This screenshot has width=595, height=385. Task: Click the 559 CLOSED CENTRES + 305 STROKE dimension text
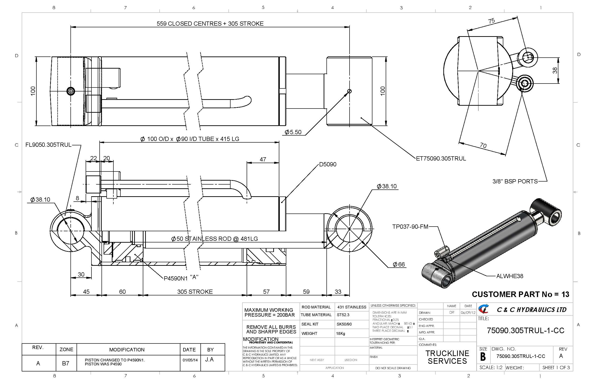(210, 24)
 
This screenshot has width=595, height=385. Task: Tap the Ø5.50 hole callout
(293, 132)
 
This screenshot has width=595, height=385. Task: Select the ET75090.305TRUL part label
(441, 159)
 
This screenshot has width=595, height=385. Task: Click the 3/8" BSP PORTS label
(515, 182)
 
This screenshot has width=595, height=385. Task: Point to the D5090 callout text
(328, 164)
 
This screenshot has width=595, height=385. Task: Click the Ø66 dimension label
(399, 265)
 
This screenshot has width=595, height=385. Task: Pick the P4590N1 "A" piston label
(181, 278)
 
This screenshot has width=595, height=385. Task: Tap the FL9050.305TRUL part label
(49, 145)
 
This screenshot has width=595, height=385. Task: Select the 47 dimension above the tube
(263, 160)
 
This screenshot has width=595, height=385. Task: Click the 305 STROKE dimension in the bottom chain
(195, 292)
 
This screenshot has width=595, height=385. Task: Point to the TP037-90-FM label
(410, 227)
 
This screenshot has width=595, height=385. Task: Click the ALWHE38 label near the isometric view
(510, 276)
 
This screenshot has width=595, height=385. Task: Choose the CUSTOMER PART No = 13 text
(520, 294)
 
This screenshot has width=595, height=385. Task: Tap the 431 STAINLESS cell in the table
(351, 307)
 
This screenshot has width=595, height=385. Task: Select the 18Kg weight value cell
(340, 333)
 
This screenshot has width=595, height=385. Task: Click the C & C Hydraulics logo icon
(483, 309)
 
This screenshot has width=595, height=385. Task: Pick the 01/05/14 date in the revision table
(190, 360)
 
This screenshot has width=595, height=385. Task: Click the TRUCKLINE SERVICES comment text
(447, 357)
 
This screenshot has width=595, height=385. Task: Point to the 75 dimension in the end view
(491, 21)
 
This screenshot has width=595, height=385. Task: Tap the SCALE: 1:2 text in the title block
(491, 368)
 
